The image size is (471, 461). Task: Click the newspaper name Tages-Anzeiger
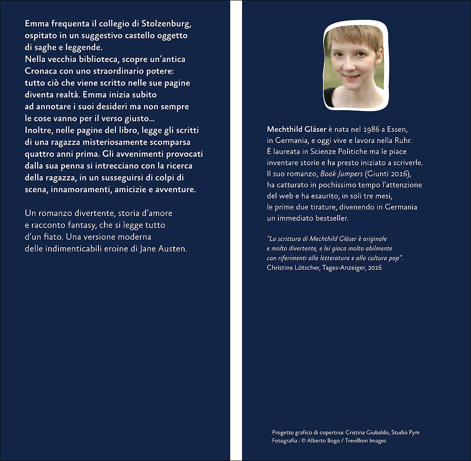(342, 267)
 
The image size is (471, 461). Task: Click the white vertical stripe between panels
(236, 230)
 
